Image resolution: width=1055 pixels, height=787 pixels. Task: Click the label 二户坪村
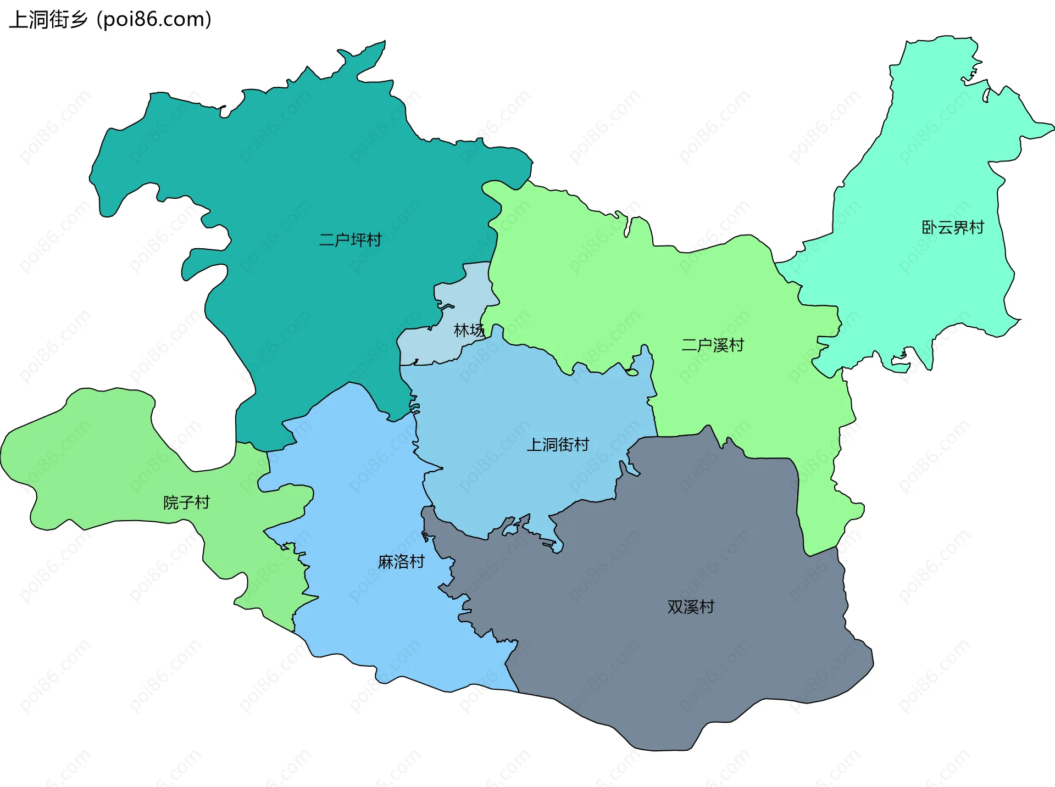[350, 240]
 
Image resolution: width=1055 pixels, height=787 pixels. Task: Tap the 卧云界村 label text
[952, 227]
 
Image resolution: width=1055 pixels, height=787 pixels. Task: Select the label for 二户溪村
[713, 345]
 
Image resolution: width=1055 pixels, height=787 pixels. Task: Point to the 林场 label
[469, 330]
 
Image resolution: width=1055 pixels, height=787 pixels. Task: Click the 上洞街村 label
[558, 444]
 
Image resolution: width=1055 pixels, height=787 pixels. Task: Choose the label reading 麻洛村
[401, 561]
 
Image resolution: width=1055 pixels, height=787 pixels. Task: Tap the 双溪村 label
[691, 607]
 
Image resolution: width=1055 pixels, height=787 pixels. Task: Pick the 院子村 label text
[186, 502]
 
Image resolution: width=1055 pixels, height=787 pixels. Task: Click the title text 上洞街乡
[48, 19]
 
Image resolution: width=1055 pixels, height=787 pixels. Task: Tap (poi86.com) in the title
[154, 19]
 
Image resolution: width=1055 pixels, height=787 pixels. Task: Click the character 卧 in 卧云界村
[929, 227]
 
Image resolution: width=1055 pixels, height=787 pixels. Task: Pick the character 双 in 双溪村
[675, 607]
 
